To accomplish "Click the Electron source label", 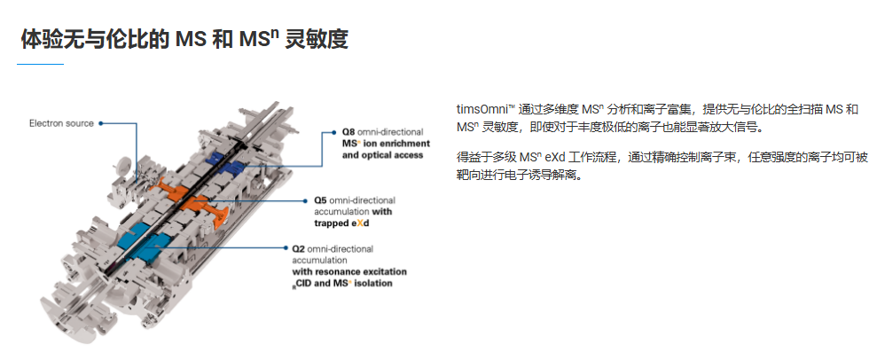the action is point(61,123).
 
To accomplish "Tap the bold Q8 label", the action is point(348,132).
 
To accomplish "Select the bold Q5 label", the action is point(320,200).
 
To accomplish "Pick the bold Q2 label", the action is point(299,249).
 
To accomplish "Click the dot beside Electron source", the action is point(101,123).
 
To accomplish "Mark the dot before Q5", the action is point(307,200).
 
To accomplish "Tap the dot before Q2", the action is point(286,249).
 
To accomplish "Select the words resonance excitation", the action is point(360,271).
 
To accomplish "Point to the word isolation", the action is point(372,284).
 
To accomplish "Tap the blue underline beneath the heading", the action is point(40,64).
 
